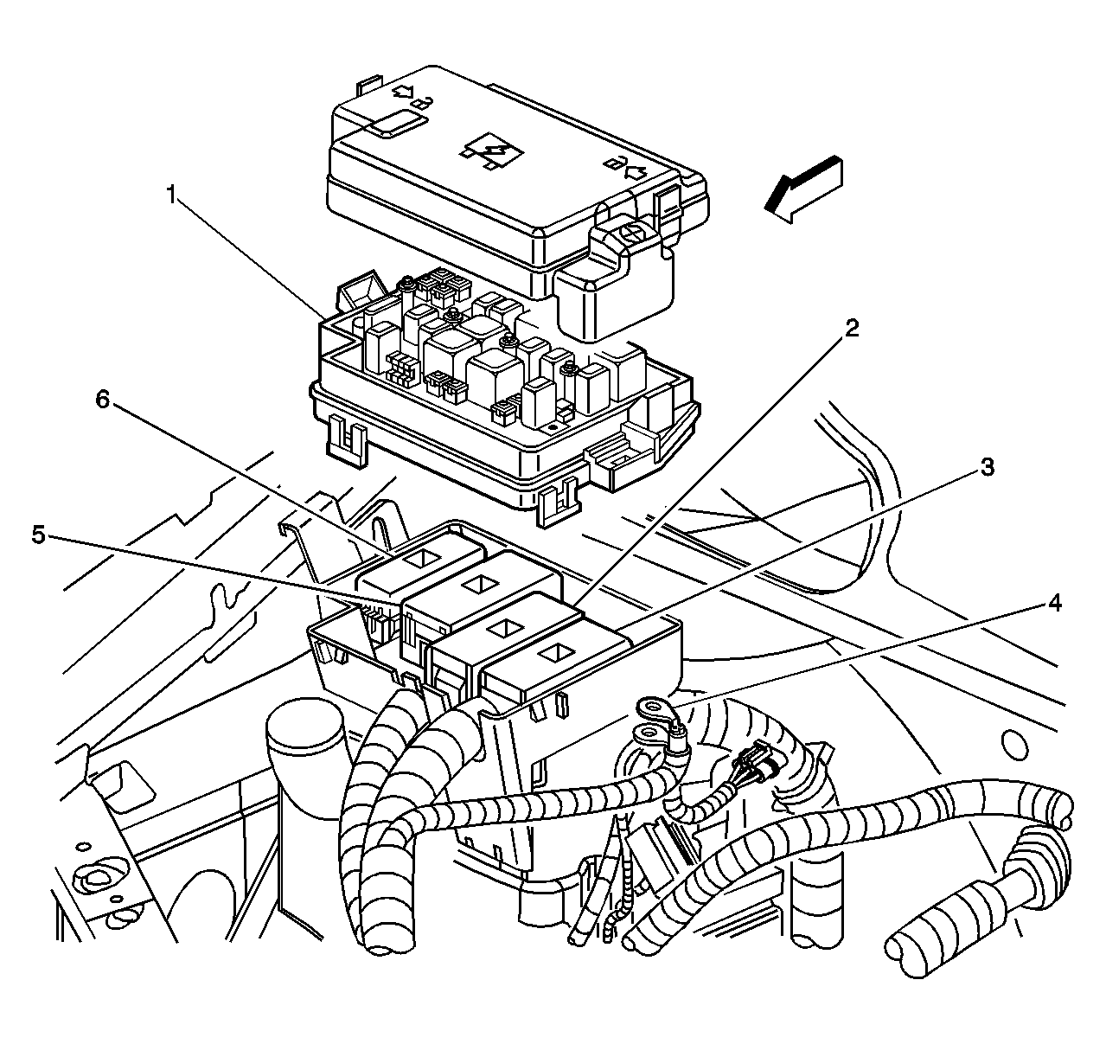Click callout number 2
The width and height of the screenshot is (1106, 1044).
tap(852, 328)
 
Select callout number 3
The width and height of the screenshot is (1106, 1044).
tap(986, 468)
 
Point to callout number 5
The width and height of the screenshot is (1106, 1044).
tap(38, 535)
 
